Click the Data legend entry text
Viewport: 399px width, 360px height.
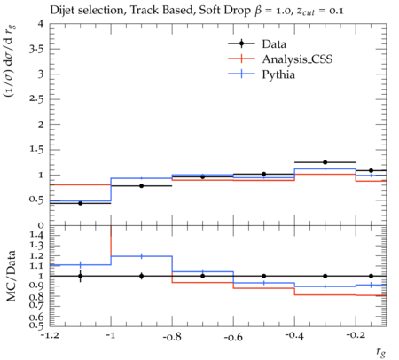click(274, 44)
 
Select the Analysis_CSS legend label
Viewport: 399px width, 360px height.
click(297, 59)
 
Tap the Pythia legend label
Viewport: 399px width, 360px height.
click(278, 74)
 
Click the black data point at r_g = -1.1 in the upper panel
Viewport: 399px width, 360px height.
click(80, 203)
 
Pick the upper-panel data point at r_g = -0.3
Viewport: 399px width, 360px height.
click(325, 162)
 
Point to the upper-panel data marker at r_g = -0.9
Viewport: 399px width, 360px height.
click(142, 186)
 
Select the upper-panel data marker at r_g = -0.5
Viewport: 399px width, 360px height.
click(264, 174)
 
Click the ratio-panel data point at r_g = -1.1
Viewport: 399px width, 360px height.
click(80, 276)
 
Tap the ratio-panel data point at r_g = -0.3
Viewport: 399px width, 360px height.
click(325, 276)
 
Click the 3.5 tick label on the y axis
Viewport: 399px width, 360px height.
click(36, 49)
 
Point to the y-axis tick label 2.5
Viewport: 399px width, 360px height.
click(36, 98)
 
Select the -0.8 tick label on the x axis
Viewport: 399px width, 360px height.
click(172, 336)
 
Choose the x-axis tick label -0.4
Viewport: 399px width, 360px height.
click(294, 336)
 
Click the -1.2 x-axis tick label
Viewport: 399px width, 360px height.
click(50, 336)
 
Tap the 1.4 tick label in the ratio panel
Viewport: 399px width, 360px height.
click(36, 235)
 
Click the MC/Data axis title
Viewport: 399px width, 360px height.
click(12, 276)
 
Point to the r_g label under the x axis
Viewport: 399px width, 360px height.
click(381, 352)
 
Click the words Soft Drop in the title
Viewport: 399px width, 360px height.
click(224, 11)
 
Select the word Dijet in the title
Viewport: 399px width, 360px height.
click(61, 11)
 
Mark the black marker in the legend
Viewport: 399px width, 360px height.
click(241, 43)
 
